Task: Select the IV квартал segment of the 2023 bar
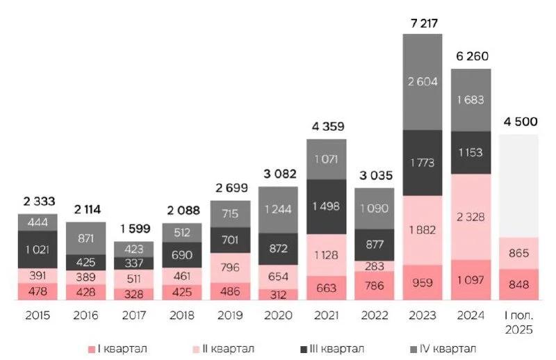423,82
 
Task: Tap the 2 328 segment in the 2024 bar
471,217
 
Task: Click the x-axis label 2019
230,316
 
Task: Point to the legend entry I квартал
118,348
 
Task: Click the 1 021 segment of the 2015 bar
38,249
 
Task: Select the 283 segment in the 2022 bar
375,266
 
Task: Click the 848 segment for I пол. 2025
519,285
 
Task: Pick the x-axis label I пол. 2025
519,320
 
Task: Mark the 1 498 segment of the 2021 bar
326,206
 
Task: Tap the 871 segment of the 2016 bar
86,238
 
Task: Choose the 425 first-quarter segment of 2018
182,292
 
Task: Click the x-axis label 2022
375,316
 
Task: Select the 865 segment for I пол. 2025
519,254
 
